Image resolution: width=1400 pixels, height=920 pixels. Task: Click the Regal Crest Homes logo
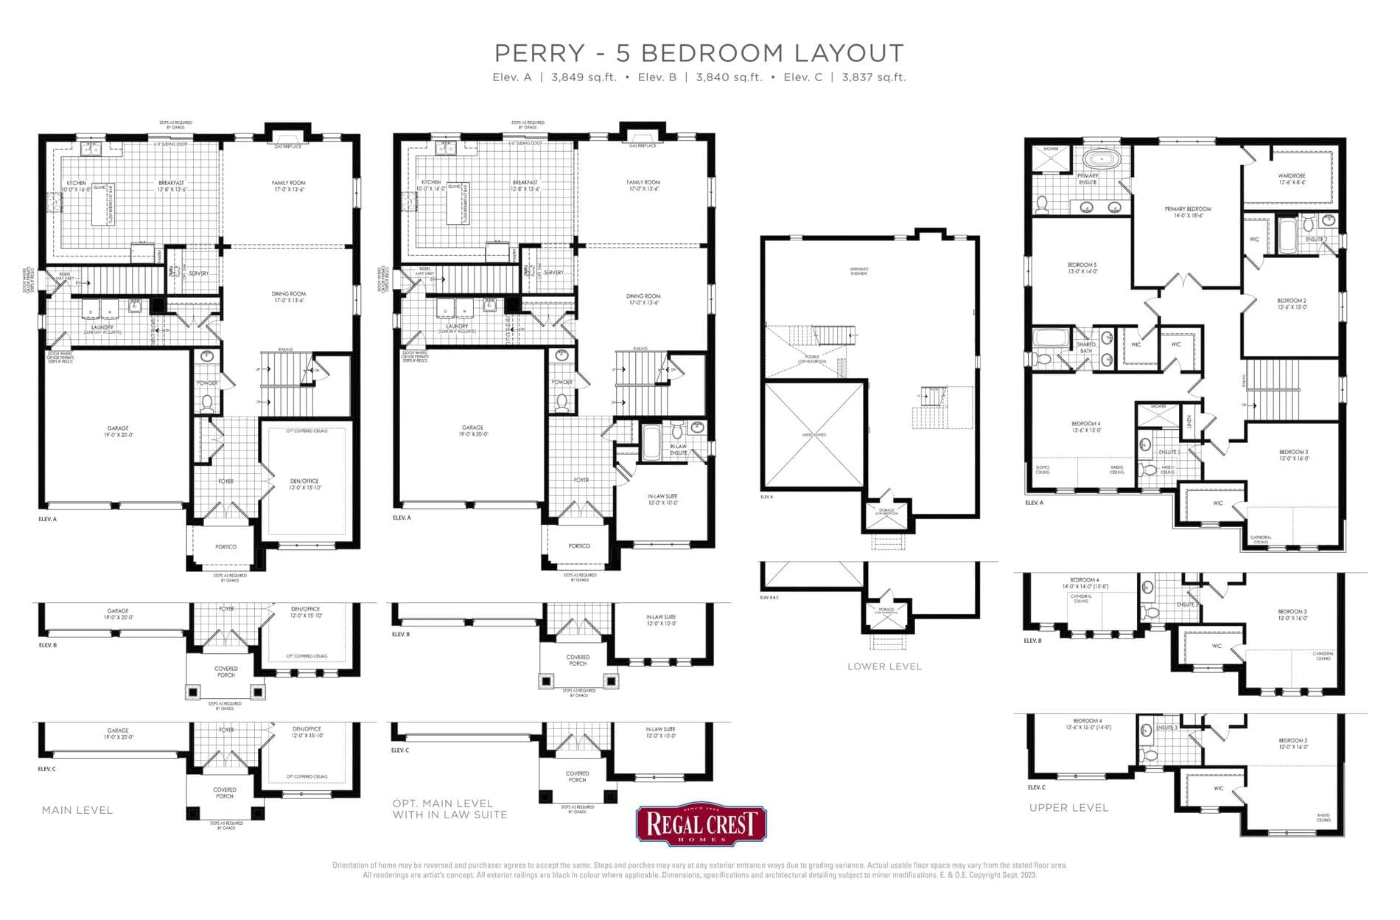point(701,824)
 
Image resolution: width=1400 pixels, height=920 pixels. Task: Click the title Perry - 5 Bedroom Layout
point(699,53)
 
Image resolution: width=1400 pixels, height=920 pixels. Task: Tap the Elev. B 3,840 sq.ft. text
point(699,77)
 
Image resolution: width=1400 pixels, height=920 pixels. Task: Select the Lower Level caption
point(884,666)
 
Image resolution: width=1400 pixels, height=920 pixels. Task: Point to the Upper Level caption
point(1068,808)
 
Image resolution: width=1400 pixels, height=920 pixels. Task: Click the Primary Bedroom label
point(1188,212)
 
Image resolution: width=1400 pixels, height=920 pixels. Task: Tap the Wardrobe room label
point(1292,178)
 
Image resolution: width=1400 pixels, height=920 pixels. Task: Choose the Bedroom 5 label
point(1082,268)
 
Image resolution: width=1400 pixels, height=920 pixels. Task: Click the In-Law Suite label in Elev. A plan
point(662,499)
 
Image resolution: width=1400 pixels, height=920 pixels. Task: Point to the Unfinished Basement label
point(858,271)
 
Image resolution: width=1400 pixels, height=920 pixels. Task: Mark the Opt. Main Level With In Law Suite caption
point(449,809)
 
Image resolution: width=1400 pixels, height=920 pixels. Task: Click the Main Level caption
point(77,810)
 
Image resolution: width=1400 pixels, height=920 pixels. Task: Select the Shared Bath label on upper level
point(1086,347)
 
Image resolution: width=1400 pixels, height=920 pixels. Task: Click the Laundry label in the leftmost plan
point(102,329)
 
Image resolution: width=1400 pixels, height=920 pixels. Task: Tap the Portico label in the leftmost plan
point(225,547)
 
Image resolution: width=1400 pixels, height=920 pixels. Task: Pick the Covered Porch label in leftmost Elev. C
point(225,792)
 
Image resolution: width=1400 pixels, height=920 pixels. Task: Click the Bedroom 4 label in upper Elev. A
point(1085,427)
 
